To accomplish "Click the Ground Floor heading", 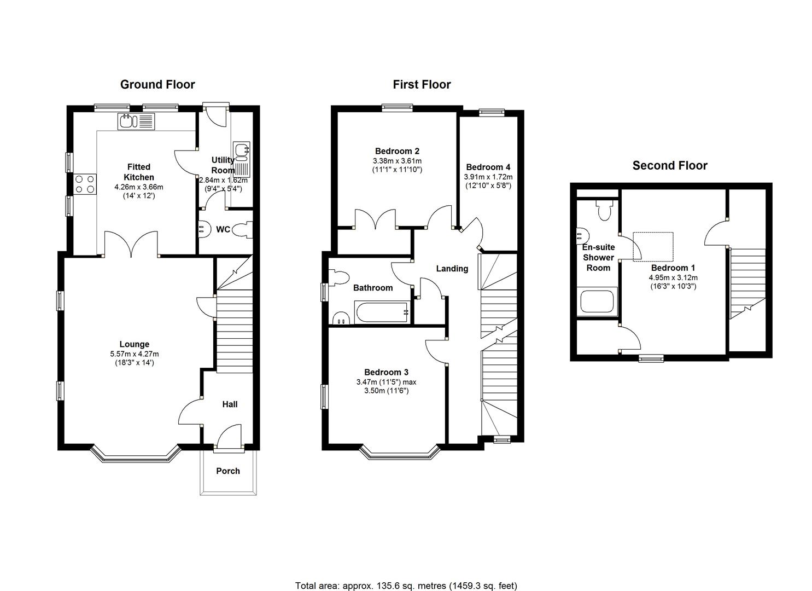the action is coord(157,84).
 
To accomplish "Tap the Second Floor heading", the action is coord(670,165).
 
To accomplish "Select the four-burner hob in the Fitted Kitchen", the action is coord(85,184).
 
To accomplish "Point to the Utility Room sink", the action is coord(242,158).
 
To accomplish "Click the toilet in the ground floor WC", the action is coord(242,230).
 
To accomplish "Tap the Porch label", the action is coord(228,471).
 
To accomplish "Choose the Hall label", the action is coord(230,404).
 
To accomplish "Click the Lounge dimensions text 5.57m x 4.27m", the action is coord(135,354).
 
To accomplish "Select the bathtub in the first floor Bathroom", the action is coord(382,312).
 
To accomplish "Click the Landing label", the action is coord(452,269).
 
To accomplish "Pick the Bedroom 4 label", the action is coord(488,167).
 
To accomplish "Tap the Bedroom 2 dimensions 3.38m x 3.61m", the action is coord(397,161).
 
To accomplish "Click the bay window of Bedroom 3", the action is coord(400,453).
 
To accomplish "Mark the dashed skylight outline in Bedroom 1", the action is coord(653,247).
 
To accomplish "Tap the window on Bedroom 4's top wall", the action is coord(492,113).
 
